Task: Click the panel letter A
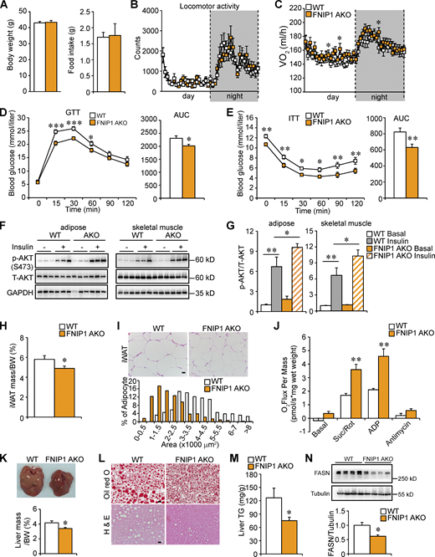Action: [x=5, y=6]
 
